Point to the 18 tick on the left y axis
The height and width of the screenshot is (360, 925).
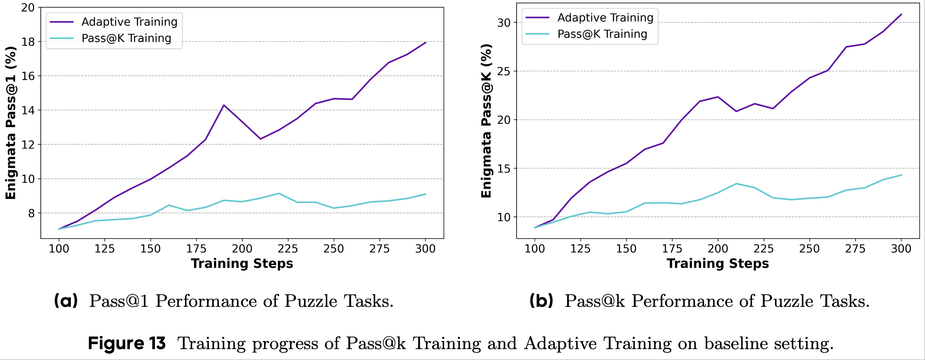tap(28, 42)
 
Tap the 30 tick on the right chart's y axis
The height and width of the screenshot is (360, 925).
tap(504, 23)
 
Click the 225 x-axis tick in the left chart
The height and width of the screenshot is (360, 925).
tap(288, 249)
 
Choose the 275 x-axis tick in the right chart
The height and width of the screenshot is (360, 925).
tap(855, 249)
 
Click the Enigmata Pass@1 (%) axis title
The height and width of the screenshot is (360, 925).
tap(11, 123)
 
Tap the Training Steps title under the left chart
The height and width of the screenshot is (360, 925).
tap(242, 264)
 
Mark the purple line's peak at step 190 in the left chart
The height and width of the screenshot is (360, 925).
tap(224, 105)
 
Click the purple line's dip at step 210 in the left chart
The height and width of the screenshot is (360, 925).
tap(260, 139)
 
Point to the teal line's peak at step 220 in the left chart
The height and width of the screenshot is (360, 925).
tap(279, 194)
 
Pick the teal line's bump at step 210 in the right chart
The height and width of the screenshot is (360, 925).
tap(736, 184)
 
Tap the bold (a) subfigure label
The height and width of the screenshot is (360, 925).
tap(66, 301)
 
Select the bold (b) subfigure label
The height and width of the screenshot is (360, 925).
tap(541, 301)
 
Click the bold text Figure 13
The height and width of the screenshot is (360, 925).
tap(127, 343)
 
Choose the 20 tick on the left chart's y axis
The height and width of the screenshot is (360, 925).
tap(28, 8)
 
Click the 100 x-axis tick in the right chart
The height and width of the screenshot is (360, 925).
tap(535, 249)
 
